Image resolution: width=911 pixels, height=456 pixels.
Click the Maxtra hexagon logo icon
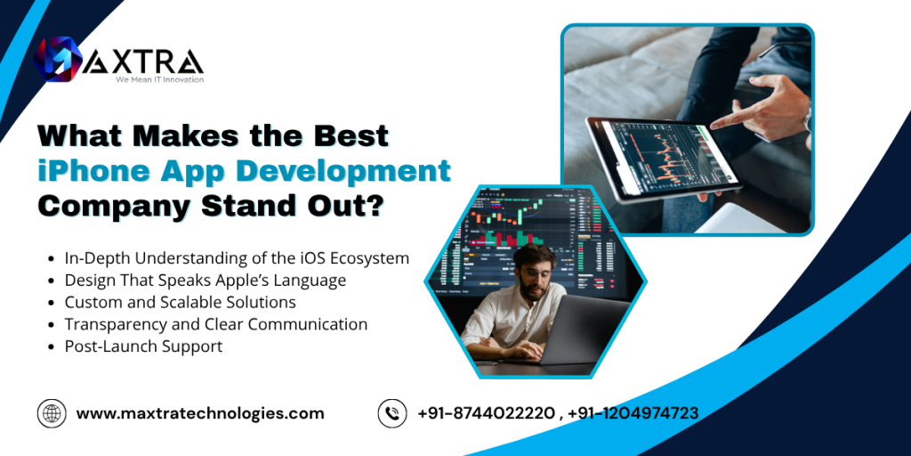57,59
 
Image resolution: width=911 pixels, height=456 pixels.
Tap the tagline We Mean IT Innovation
159,79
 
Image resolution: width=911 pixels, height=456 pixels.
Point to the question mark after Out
375,207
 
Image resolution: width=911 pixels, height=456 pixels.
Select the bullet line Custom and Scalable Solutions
180,303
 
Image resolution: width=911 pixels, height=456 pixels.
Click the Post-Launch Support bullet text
143,346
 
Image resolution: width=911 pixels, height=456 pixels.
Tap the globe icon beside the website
52,413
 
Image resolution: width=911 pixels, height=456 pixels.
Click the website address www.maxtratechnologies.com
200,413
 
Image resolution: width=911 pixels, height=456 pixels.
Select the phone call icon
392,413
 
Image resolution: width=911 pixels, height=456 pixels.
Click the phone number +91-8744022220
486,413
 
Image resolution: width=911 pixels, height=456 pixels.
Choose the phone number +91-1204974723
633,413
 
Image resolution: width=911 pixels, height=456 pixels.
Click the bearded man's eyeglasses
536,273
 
